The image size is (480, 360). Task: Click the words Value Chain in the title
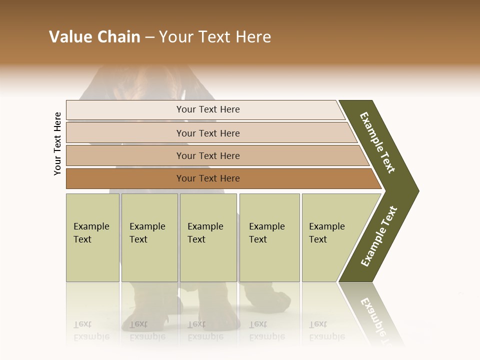point(94,37)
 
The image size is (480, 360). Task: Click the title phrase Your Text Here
point(215,37)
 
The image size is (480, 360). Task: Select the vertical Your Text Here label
point(57,143)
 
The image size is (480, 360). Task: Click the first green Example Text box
point(92,237)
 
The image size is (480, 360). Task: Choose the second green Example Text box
point(149,237)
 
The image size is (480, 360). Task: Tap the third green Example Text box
point(208,237)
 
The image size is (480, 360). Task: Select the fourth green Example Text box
point(269,237)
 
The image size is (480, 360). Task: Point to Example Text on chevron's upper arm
point(377,142)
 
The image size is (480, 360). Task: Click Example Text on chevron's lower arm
point(379,236)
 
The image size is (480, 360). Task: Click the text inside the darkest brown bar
point(208,178)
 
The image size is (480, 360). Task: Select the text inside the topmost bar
point(208,109)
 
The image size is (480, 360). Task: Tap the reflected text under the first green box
point(91,330)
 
